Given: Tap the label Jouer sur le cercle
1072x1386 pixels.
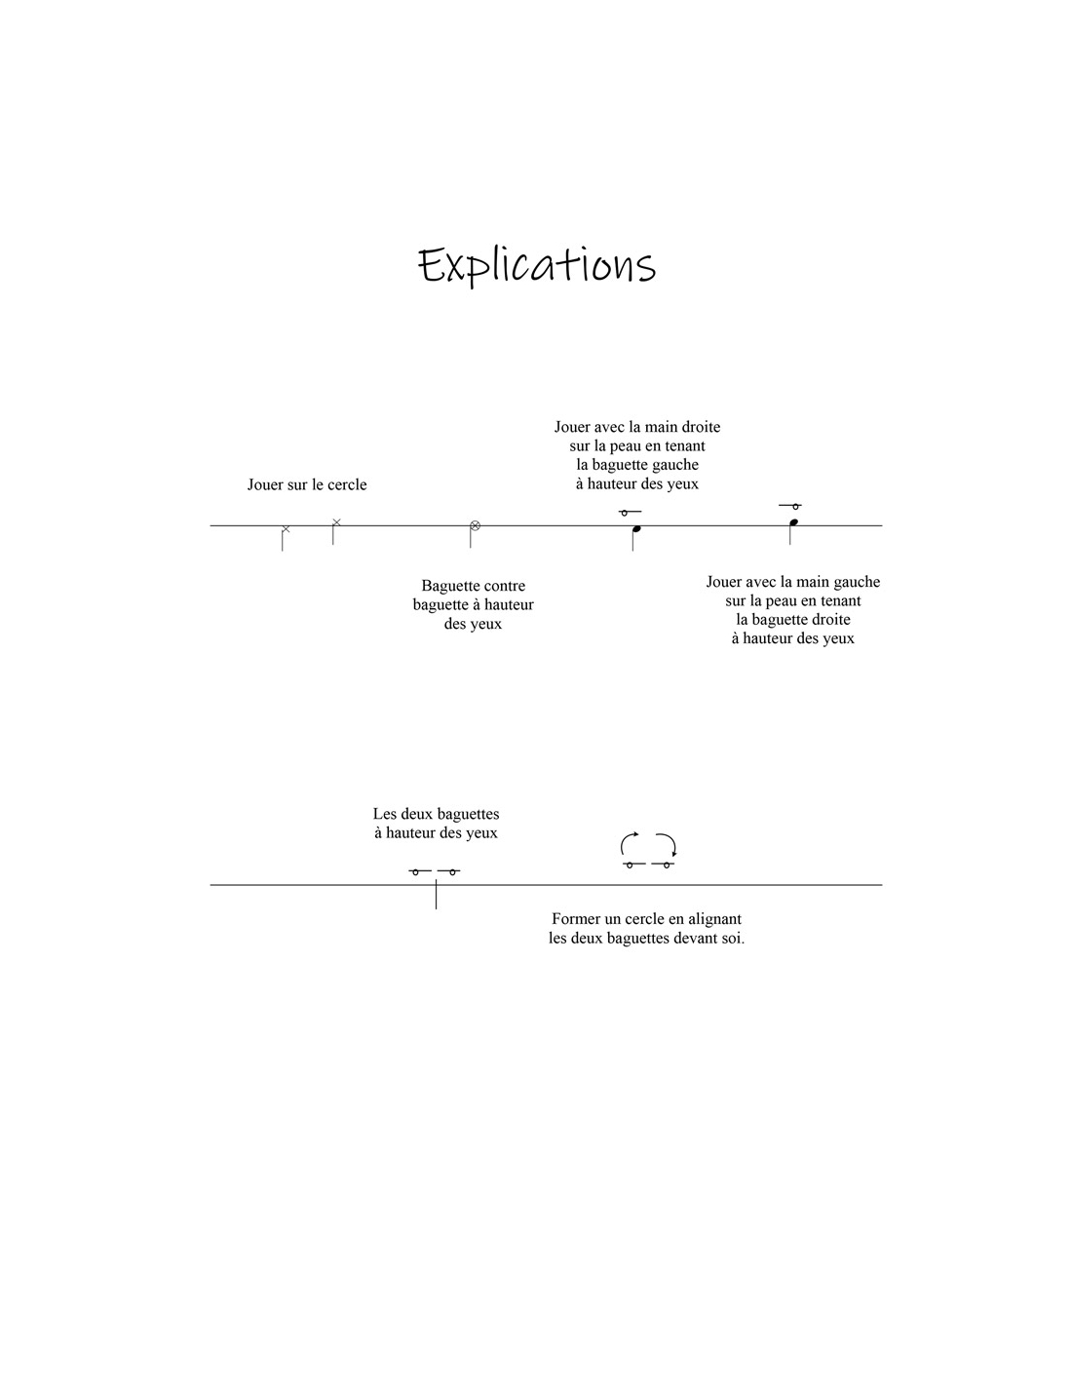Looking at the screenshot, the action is [x=307, y=484].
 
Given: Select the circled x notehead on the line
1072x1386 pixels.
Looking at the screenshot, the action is [x=476, y=526].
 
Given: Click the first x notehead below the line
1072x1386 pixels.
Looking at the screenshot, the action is [x=286, y=528].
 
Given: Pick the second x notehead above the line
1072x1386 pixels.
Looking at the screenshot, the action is [x=337, y=522].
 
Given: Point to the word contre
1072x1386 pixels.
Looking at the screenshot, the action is [x=505, y=586].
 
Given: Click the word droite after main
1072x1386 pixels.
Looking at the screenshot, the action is [x=700, y=427].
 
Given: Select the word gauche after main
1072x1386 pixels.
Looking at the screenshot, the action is [x=858, y=582].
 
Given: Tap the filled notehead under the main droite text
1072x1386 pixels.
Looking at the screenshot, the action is [x=636, y=528].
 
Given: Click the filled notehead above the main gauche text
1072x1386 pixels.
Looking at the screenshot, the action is [x=793, y=522].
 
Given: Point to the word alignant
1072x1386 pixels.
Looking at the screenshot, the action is [x=716, y=920].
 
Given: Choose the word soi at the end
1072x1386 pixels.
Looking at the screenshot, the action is [x=734, y=939].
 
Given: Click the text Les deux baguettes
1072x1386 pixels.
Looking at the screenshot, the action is [x=437, y=815].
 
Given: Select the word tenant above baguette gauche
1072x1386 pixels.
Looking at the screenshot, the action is [x=682, y=445].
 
